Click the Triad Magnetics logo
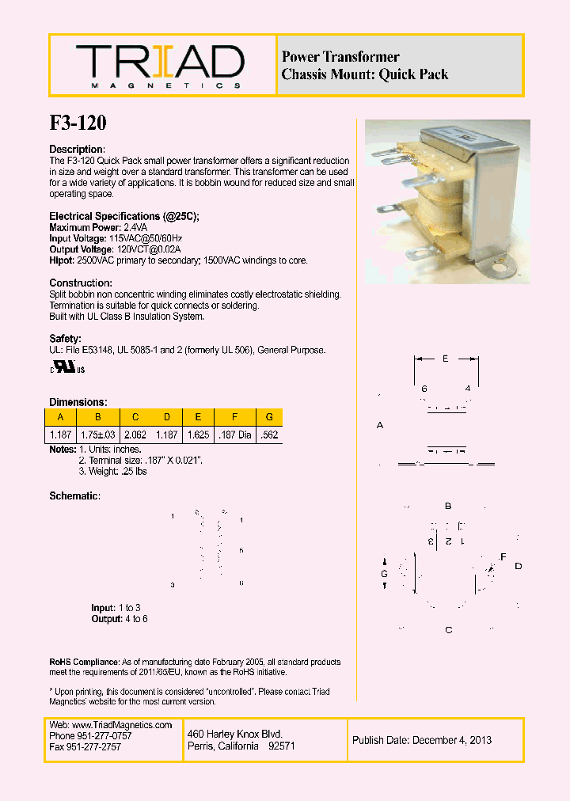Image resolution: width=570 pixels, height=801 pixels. [160, 65]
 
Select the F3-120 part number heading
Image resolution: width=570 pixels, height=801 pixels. [78, 123]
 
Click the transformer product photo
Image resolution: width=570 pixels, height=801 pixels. [447, 201]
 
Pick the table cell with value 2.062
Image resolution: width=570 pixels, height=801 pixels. [135, 435]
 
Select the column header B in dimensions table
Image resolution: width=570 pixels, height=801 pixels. [98, 417]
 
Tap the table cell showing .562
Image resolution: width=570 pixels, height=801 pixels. [269, 435]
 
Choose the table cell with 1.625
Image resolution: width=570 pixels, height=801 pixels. [197, 435]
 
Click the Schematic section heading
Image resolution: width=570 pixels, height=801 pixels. [74, 495]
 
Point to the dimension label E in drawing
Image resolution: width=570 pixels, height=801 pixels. [446, 359]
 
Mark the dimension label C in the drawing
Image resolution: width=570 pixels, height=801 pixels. [448, 630]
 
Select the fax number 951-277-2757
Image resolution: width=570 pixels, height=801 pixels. [95, 746]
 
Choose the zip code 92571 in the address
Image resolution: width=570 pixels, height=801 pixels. [282, 746]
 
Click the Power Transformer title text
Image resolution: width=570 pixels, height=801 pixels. [340, 57]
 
